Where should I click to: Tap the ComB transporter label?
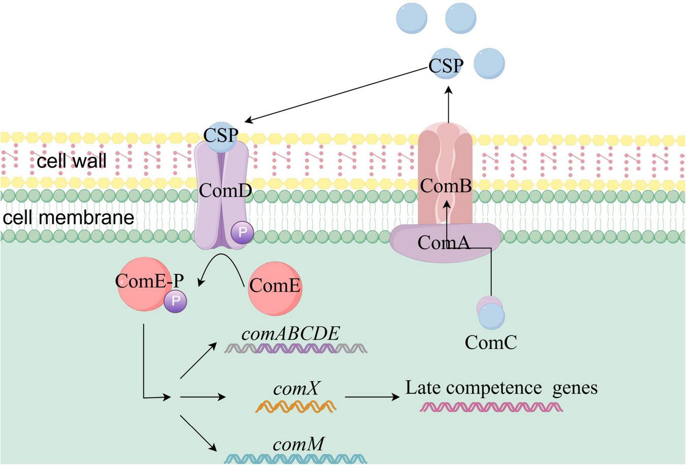(x=446, y=186)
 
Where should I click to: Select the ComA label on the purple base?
(x=444, y=242)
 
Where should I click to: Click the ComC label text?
(x=490, y=343)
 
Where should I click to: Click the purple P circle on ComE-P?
(x=175, y=301)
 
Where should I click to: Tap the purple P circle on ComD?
(x=242, y=233)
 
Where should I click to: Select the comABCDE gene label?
(x=290, y=333)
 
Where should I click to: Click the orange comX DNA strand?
(x=296, y=406)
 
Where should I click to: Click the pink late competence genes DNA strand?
(x=491, y=407)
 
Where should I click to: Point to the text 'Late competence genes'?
(x=501, y=388)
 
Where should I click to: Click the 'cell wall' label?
(x=71, y=161)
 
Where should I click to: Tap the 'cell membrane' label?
(x=69, y=218)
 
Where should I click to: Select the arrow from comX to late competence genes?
(x=372, y=397)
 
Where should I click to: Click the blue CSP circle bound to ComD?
(x=221, y=136)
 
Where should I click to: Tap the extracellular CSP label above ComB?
(x=446, y=66)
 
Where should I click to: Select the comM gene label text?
(x=298, y=444)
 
